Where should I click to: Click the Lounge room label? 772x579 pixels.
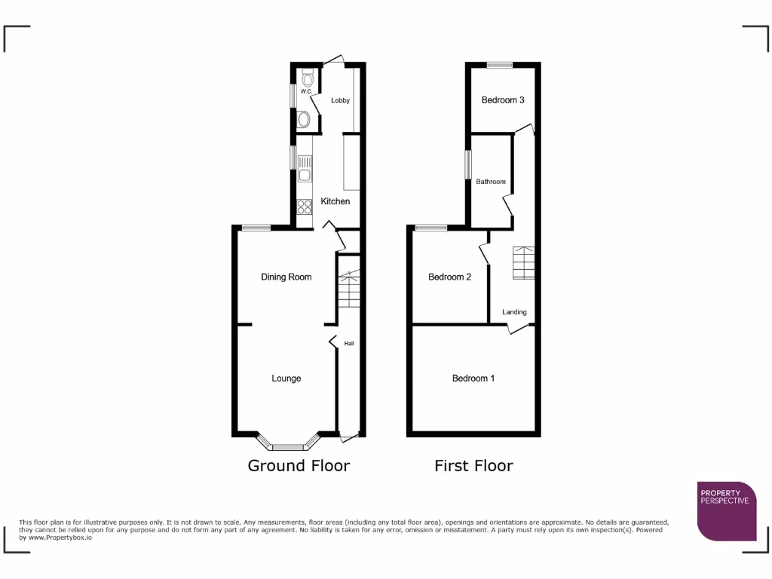point(286,378)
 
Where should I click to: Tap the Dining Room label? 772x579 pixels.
point(286,277)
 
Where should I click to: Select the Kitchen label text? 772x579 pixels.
point(335,201)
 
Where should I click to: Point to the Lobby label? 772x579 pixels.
point(340,100)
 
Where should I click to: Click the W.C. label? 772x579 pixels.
point(306,92)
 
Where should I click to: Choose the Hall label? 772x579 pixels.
point(349,344)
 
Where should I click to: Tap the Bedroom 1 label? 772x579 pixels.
point(473,378)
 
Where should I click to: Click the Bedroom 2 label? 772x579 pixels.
point(449,277)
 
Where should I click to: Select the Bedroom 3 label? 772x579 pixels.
point(503,100)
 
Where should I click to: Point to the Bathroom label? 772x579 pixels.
point(491,182)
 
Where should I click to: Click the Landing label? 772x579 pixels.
point(515,312)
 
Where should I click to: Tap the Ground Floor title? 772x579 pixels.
point(299,466)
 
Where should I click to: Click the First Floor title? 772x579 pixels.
point(473,466)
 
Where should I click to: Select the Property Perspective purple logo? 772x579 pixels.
point(727,511)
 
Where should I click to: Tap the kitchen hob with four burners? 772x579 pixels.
point(305,206)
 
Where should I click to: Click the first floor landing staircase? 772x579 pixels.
point(524,263)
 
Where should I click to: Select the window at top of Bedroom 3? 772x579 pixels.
point(499,65)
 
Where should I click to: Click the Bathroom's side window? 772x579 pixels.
point(468,164)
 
